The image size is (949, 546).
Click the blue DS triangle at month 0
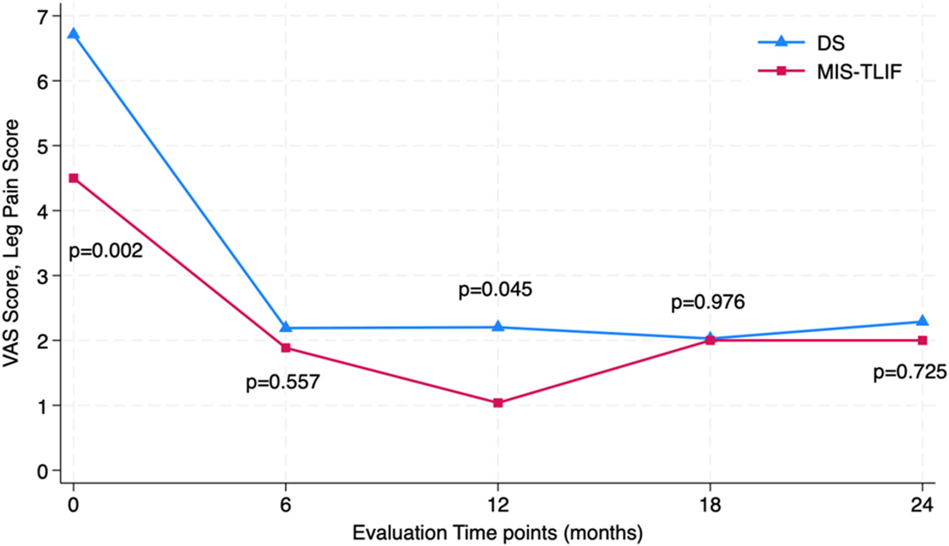pos(73,34)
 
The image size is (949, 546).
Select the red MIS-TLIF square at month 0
pos(74,178)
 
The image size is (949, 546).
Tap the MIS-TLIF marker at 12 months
pos(498,403)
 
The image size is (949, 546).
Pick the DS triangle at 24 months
pos(922,321)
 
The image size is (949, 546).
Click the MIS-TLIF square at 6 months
pos(286,348)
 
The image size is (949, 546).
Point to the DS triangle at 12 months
pos(498,326)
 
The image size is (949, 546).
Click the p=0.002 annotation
pos(106,251)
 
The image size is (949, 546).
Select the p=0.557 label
pos(282,382)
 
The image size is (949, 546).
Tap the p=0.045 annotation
pos(495,290)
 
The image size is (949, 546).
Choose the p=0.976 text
pos(708,302)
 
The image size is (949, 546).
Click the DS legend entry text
pos(831,43)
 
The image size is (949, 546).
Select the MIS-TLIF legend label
pos(859,72)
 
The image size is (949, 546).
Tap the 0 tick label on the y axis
pos(44,471)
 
